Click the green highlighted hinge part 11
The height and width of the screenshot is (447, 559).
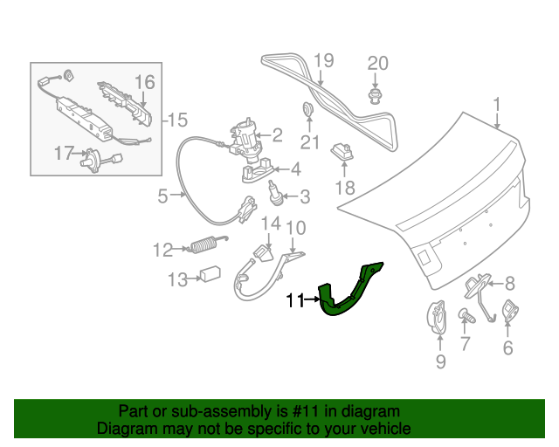click(x=349, y=292)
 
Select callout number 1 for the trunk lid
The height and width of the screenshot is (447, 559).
click(x=497, y=107)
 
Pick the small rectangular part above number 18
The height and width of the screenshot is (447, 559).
click(x=343, y=151)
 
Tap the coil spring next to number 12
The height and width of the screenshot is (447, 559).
click(x=205, y=247)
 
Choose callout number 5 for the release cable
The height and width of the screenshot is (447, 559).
click(x=162, y=196)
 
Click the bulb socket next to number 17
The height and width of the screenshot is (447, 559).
click(x=93, y=161)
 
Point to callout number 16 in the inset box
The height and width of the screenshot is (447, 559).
click(x=144, y=82)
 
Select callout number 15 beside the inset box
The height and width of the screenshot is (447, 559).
click(x=177, y=120)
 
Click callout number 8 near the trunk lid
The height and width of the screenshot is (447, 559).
click(x=510, y=282)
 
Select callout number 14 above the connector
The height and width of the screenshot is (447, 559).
click(x=271, y=224)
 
